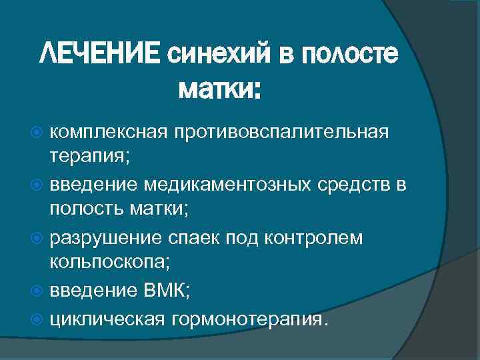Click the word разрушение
click(x=106, y=237)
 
